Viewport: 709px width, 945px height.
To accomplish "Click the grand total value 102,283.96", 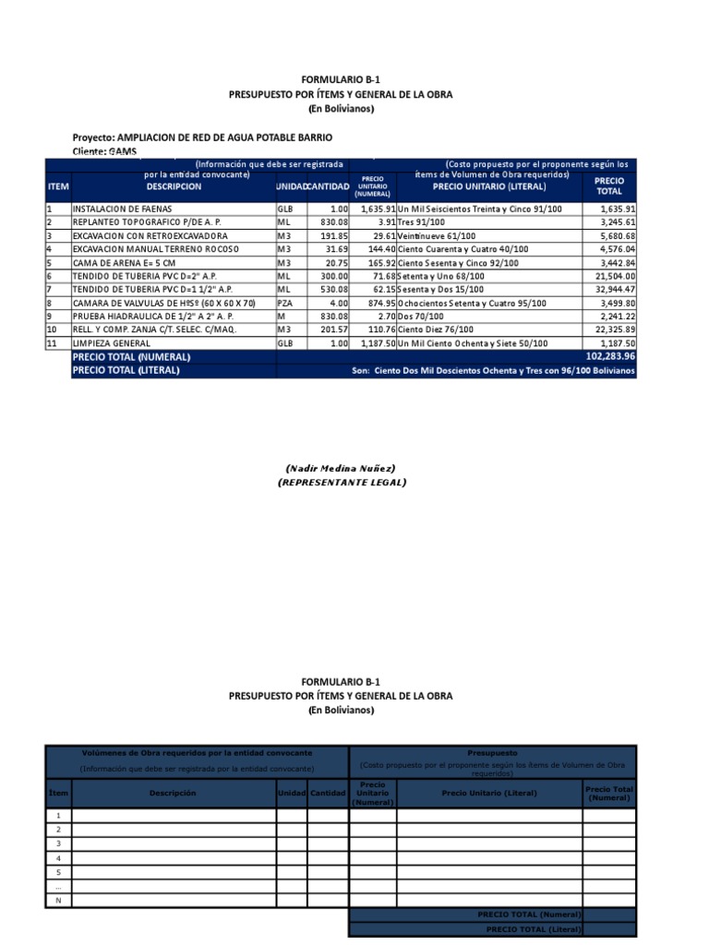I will pyautogui.click(x=609, y=356).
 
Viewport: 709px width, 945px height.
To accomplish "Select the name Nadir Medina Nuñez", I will pyautogui.click(x=341, y=469).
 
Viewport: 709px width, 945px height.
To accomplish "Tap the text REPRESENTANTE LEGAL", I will pyautogui.click(x=341, y=482).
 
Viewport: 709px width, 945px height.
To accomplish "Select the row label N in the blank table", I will pyautogui.click(x=59, y=900).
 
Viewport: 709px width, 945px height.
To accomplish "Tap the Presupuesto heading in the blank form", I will pyautogui.click(x=492, y=752).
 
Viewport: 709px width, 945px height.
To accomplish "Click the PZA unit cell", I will pyautogui.click(x=285, y=303).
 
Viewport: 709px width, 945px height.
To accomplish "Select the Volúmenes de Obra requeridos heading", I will pyautogui.click(x=197, y=752).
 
